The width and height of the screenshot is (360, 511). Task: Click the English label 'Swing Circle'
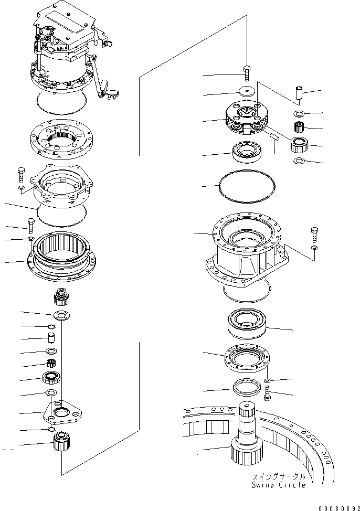278,485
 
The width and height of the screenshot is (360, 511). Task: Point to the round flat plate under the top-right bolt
247,90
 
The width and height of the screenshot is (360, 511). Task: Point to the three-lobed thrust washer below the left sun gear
61,315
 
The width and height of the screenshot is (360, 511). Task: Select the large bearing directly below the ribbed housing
247,324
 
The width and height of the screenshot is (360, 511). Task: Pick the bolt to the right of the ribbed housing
314,234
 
